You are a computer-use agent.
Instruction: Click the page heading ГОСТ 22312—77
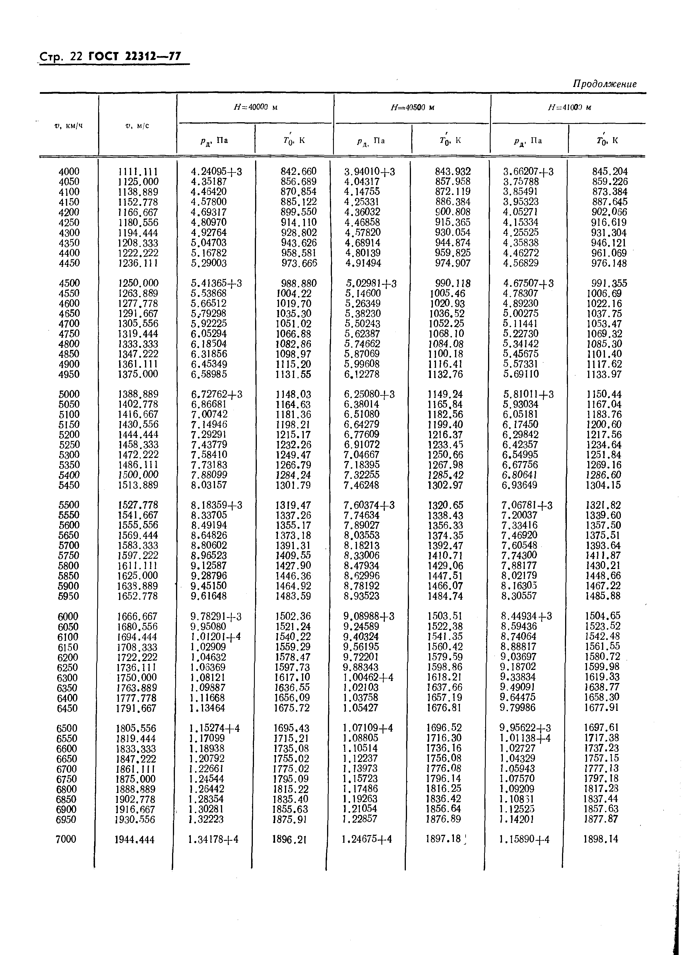[x=138, y=56]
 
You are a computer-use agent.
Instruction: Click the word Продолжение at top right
[x=604, y=84]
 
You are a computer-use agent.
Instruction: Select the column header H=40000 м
[x=256, y=107]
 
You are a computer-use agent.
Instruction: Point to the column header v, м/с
[x=138, y=125]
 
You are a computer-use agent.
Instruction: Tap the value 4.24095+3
[x=216, y=172]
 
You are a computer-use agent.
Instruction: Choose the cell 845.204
[x=609, y=172]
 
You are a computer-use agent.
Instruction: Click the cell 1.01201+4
[x=215, y=637]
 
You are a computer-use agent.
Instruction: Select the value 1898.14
[x=601, y=839]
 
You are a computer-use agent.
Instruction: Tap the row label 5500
[x=69, y=505]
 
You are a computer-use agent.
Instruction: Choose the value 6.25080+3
[x=369, y=395]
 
